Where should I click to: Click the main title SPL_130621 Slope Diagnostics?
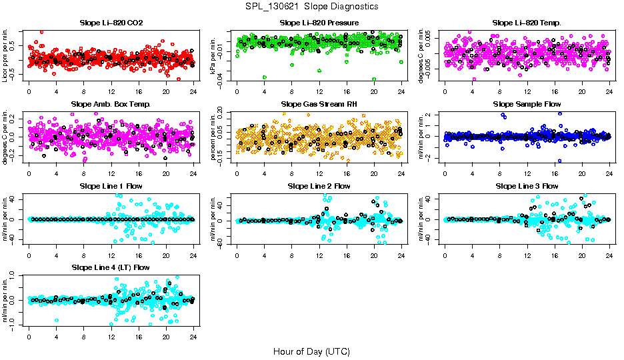click(311, 6)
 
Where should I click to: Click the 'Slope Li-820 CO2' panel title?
click(111, 23)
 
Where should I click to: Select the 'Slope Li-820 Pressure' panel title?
click(319, 23)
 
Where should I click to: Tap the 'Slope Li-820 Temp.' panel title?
click(527, 23)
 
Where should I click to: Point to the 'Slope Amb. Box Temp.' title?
click(111, 104)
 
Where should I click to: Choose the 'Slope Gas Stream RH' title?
click(319, 104)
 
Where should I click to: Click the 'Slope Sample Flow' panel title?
click(527, 104)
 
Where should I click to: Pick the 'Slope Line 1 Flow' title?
click(111, 186)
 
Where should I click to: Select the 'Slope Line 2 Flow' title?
click(319, 186)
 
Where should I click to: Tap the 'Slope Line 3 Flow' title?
click(527, 186)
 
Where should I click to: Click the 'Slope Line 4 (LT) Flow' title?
click(111, 267)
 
